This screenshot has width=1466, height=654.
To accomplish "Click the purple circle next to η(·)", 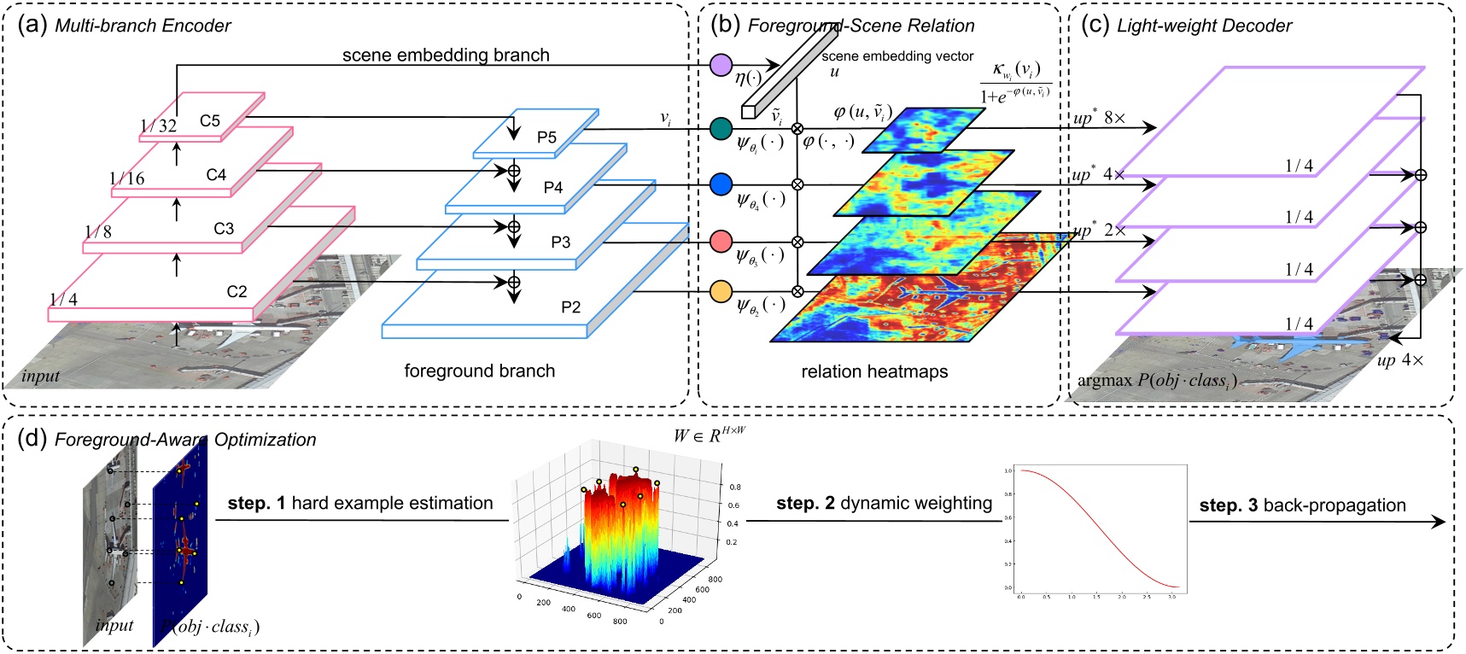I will (x=721, y=64).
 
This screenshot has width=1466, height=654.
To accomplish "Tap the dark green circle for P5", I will (x=721, y=129).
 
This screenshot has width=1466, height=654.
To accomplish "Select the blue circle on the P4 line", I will (x=721, y=184).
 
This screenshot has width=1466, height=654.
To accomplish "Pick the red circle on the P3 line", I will (x=721, y=242).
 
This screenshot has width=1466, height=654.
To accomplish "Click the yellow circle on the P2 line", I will (x=721, y=291).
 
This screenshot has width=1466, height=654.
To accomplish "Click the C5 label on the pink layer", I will (x=210, y=120).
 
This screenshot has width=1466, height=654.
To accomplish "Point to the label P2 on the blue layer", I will (x=570, y=307).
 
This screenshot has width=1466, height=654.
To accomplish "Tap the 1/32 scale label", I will (x=158, y=126).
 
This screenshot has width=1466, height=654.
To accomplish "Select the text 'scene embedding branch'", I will (x=446, y=55).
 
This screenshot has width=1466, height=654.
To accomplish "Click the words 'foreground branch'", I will (x=479, y=371).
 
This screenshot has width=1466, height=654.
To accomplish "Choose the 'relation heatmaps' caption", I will (x=874, y=371).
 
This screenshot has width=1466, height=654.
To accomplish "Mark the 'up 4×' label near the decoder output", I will (x=1400, y=360).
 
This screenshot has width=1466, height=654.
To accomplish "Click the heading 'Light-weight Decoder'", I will (x=1204, y=26).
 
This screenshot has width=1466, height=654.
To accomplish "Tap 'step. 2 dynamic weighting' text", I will (x=884, y=504).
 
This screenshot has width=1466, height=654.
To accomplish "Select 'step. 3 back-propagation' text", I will (x=1302, y=505).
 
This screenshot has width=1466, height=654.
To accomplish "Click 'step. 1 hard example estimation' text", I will (x=360, y=504).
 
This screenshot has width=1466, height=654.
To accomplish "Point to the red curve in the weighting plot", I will (x=1101, y=529).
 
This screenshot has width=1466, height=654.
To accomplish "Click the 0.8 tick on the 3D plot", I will (x=734, y=487).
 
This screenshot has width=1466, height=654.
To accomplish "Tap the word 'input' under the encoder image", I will (x=41, y=377).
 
